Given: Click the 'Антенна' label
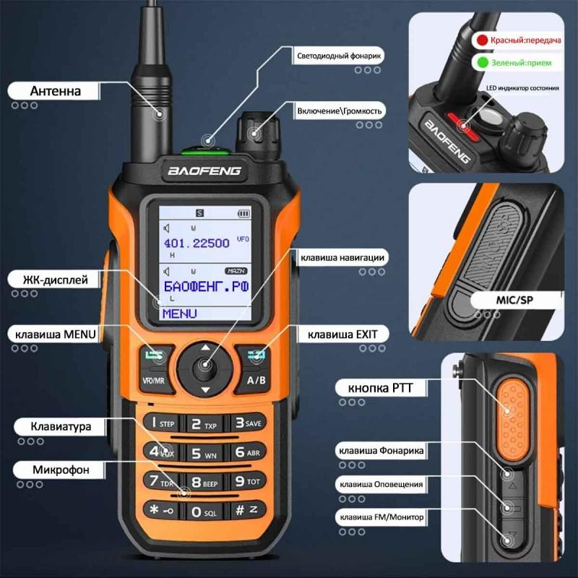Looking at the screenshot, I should pyautogui.click(x=55, y=91).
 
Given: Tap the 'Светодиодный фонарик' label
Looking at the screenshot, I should pyautogui.click(x=339, y=56).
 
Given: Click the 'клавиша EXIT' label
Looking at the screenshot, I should pyautogui.click(x=338, y=334).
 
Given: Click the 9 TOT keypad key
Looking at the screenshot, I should pyautogui.click(x=246, y=480).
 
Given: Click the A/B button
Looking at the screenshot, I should pyautogui.click(x=256, y=379).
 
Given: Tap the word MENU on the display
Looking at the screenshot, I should pyautogui.click(x=180, y=314).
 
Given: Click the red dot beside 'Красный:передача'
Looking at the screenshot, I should pyautogui.click(x=481, y=40).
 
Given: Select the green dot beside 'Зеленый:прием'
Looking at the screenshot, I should pyautogui.click(x=481, y=64).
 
